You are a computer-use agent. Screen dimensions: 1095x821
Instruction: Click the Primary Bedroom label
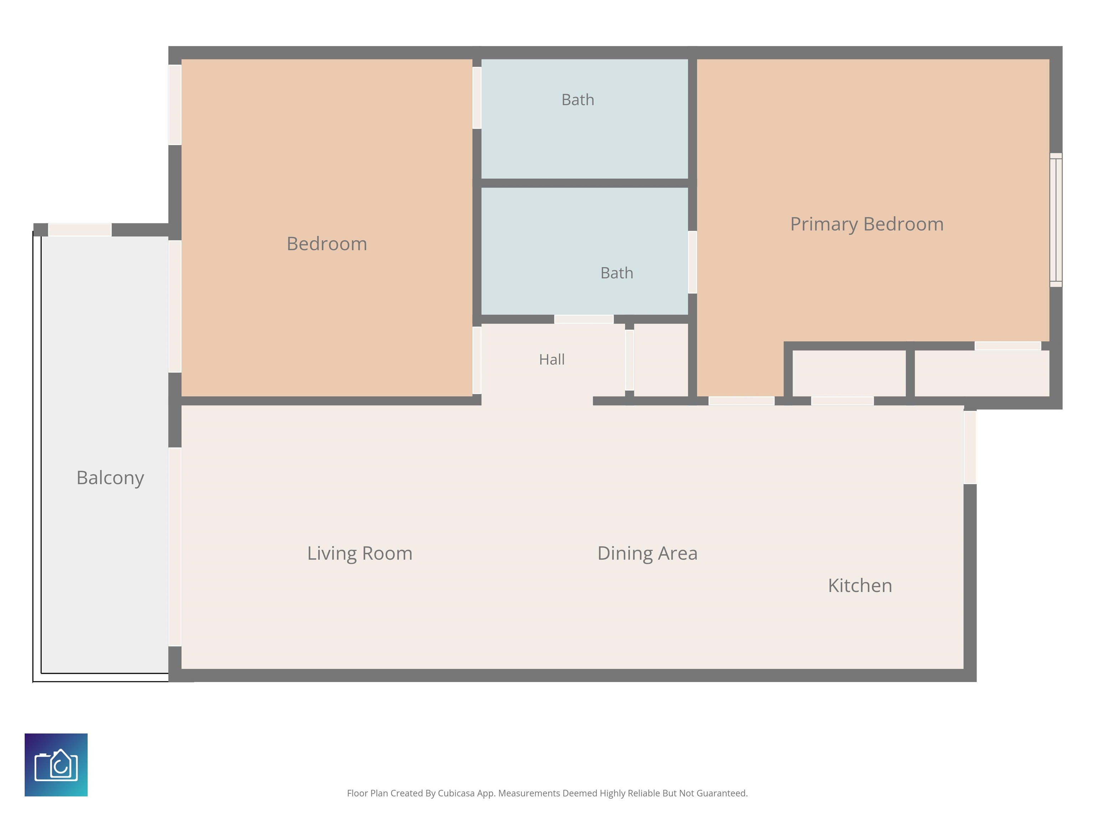(x=867, y=224)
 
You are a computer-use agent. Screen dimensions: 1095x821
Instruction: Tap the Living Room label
(x=360, y=553)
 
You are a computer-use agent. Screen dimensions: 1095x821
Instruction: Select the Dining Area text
(x=648, y=553)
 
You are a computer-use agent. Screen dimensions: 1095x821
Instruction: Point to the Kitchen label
(x=860, y=585)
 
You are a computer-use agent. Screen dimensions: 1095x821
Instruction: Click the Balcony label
(x=110, y=478)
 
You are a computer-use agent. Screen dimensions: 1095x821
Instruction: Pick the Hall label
(x=552, y=359)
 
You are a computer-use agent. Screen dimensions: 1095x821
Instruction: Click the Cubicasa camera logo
(x=56, y=765)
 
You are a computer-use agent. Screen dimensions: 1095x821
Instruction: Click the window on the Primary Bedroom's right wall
(x=1056, y=220)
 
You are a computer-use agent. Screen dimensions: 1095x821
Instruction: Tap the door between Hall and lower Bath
(x=584, y=319)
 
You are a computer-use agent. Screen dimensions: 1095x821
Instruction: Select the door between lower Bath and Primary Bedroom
(x=693, y=262)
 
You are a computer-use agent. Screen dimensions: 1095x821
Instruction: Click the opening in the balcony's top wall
(x=80, y=229)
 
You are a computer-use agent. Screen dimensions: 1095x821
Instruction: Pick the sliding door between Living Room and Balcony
(x=175, y=547)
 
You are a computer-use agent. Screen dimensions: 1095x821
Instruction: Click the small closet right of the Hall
(x=661, y=360)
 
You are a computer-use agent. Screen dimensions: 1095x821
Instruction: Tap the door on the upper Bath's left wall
(x=477, y=98)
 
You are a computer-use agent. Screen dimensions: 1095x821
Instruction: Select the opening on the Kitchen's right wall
(x=970, y=447)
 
